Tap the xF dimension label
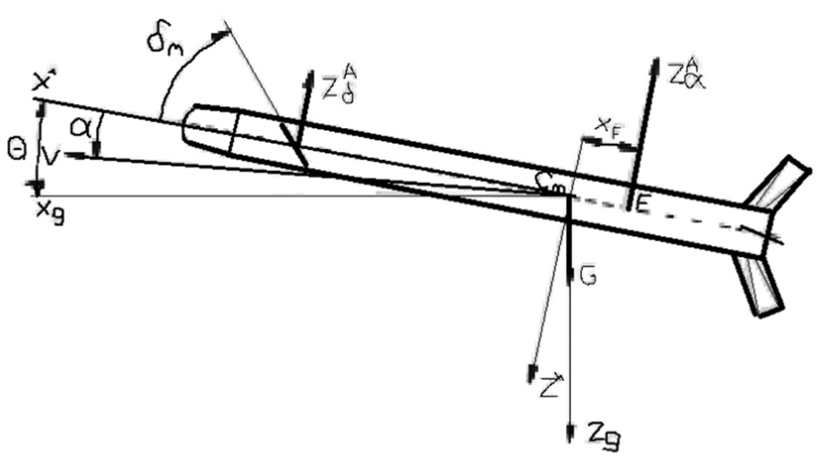pyautogui.click(x=608, y=128)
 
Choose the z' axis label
pyautogui.click(x=550, y=386)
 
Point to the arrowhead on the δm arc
pyautogui.click(x=221, y=34)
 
